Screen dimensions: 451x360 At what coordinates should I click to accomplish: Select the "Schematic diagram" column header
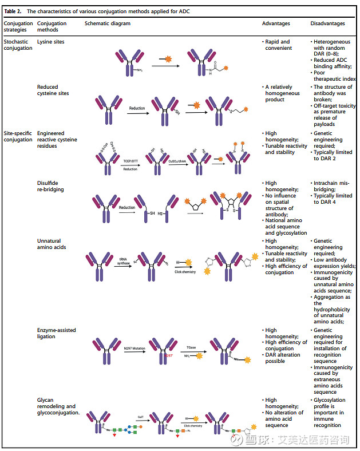108,23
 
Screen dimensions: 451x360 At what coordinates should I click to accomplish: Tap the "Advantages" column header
276,23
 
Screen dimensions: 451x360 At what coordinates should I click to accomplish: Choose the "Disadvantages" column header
327,23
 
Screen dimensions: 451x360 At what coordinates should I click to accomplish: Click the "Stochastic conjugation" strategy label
18,45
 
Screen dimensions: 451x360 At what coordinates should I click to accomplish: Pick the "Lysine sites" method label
51,42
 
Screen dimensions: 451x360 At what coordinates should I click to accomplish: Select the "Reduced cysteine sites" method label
53,90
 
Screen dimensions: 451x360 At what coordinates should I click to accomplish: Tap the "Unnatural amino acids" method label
52,244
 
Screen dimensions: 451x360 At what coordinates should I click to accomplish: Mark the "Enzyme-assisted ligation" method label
56,333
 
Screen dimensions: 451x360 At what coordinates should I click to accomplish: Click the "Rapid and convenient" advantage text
278,45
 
